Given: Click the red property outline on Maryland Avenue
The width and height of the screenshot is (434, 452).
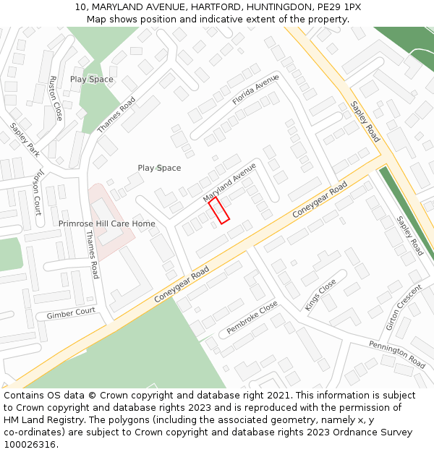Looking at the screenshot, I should pos(219,210).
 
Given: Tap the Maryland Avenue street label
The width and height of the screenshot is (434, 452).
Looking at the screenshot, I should pos(230,182).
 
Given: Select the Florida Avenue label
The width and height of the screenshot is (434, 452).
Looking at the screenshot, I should pos(255,90).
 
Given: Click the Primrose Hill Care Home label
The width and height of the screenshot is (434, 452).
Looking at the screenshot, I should pos(107,224).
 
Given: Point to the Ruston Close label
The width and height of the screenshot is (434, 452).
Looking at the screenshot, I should pos(54,98).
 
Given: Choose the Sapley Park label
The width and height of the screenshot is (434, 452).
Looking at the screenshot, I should pos(25,140).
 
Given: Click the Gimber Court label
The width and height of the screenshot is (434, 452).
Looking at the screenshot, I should pos(71,314).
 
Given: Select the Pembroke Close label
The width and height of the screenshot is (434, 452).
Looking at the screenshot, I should pos(252,317).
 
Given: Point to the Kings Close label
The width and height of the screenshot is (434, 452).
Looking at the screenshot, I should pos(320,295).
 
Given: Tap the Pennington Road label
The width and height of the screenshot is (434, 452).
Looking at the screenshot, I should pos(397,354).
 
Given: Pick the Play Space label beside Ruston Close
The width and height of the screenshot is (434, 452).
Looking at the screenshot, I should pos(92,80).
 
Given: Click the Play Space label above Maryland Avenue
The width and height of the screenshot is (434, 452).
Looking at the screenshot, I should pos(159,169).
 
